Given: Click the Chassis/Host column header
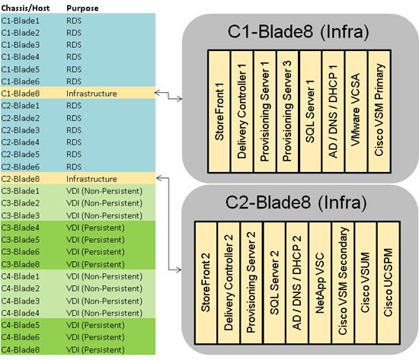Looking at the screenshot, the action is (25, 8).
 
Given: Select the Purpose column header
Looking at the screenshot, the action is (82, 8).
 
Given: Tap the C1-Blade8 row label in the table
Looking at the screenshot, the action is (21, 94).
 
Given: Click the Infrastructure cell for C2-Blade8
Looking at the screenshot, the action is (91, 179).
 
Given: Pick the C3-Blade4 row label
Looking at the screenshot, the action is (21, 228).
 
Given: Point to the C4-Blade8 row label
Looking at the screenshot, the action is (21, 349).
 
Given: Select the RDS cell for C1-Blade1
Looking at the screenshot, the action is (74, 21).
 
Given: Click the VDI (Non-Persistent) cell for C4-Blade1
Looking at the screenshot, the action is (104, 276).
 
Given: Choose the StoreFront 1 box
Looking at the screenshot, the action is (219, 111).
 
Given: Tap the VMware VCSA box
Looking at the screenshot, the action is (356, 111).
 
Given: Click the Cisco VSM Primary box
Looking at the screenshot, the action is (379, 111).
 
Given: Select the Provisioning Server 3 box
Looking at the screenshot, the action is (287, 111).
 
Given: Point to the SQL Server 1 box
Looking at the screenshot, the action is (310, 111).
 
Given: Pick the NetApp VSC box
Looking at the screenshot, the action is (320, 282).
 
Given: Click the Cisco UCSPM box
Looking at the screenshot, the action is (389, 282).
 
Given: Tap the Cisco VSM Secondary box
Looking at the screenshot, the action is (343, 282).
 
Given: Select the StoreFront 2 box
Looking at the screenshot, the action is (206, 282).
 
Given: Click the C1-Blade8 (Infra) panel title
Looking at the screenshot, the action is (298, 32).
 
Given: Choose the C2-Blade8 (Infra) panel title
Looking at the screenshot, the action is (296, 202).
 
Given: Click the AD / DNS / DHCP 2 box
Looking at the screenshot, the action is (297, 282).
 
